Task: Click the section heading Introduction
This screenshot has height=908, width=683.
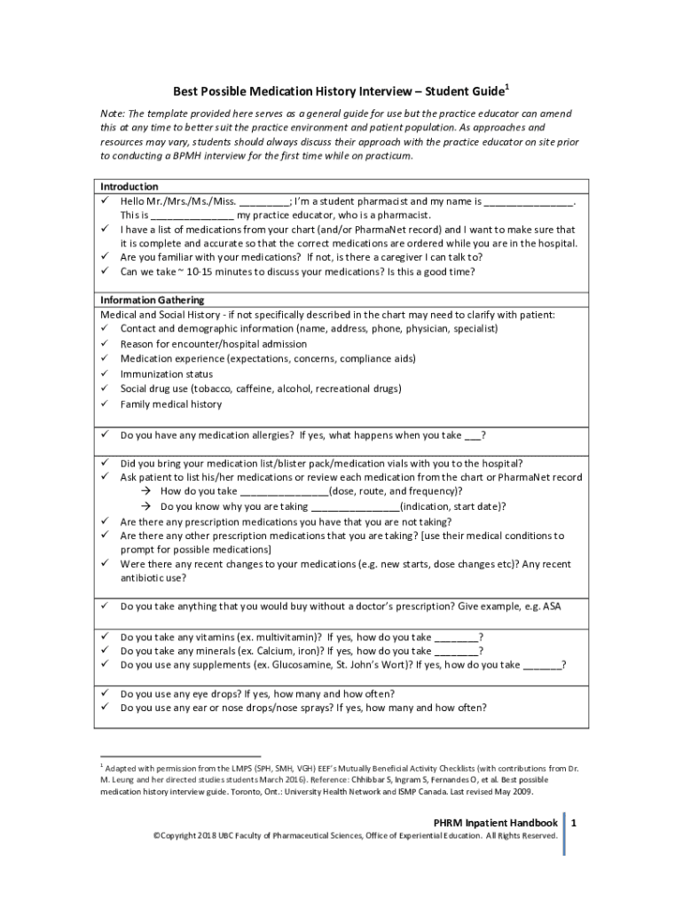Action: click(x=129, y=187)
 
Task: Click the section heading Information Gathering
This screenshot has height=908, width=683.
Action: click(x=152, y=300)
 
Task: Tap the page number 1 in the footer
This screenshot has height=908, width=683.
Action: click(x=574, y=823)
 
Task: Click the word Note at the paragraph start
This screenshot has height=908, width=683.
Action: click(x=112, y=114)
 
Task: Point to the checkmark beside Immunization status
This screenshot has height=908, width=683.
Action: click(x=104, y=374)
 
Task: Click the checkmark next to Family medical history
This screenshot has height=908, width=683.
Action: click(x=104, y=404)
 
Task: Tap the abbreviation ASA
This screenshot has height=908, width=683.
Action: click(x=552, y=607)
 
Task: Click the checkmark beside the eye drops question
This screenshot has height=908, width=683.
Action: click(x=104, y=693)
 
